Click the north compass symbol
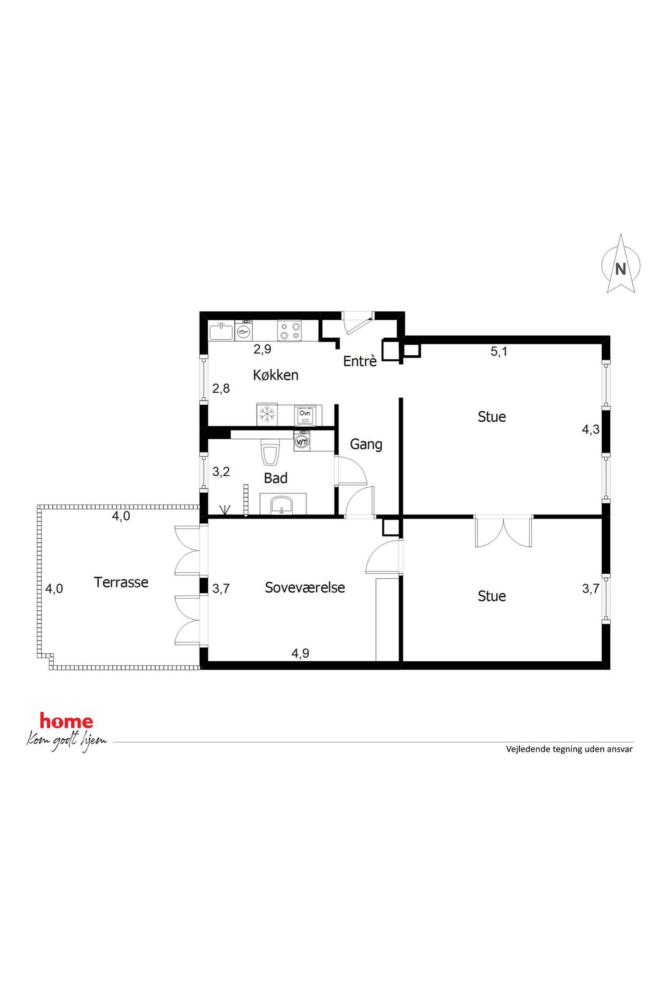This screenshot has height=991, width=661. tap(621, 264)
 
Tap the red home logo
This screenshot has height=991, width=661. tap(66, 721)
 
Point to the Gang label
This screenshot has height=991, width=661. tap(366, 445)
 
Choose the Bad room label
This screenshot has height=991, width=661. tap(276, 478)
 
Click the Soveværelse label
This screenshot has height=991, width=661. tap(305, 587)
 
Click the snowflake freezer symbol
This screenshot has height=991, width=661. tap(267, 415)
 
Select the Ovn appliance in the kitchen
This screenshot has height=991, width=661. tap(305, 415)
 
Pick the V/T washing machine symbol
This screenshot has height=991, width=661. tap(302, 441)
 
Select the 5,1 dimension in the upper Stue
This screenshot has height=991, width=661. tap(499, 351)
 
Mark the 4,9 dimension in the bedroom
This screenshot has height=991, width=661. tap(300, 653)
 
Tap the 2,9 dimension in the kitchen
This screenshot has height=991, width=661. tap(262, 349)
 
